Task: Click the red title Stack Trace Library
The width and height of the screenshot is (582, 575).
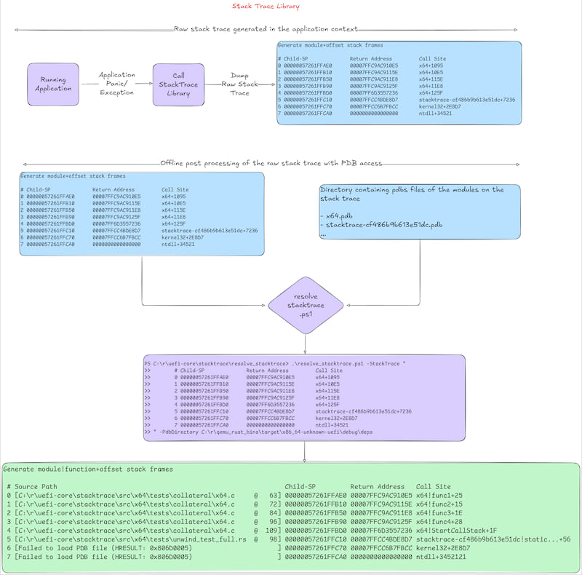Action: point(266,7)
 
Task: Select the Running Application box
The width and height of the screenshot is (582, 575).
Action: point(53,84)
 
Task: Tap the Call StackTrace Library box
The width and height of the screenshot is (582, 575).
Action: point(178,84)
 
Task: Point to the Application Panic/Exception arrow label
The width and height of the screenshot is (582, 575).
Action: point(116,84)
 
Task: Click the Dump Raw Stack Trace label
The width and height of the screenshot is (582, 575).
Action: point(239,84)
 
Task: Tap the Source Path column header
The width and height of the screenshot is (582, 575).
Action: point(36,486)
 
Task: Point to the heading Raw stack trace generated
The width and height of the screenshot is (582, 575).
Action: point(266,29)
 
